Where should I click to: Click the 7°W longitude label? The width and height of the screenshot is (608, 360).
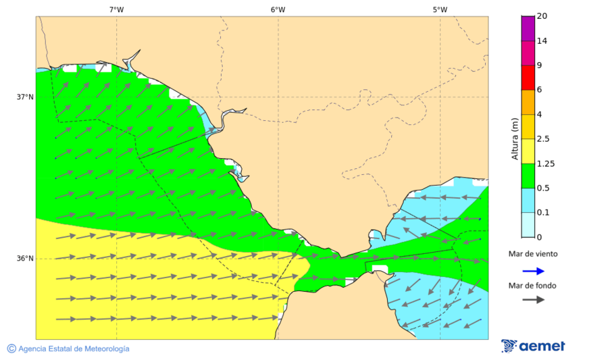tap(116, 9)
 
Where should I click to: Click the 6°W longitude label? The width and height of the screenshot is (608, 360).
tap(278, 9)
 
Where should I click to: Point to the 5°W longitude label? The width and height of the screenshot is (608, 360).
tap(440, 9)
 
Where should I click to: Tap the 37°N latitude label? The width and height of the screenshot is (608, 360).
tap(25, 97)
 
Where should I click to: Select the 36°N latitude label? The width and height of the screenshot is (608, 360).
tap(25, 259)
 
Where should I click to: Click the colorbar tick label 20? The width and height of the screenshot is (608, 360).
tap(541, 16)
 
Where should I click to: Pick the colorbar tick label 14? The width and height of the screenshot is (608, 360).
tap(541, 41)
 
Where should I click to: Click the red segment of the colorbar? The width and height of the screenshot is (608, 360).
tap(528, 78)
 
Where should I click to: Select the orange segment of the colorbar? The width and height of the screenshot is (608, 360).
tap(528, 102)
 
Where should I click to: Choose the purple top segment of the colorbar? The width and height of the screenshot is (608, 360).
tap(528, 28)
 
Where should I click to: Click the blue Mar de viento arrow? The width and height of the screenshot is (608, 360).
tap(533, 271)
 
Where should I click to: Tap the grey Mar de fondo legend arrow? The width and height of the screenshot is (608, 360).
tap(533, 299)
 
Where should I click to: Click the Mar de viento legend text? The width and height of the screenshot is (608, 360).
tap(533, 254)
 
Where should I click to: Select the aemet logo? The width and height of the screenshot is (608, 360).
tap(533, 346)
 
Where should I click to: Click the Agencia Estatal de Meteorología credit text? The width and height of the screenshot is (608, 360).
tap(74, 349)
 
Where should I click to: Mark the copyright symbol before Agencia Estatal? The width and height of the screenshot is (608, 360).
tap(11, 349)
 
